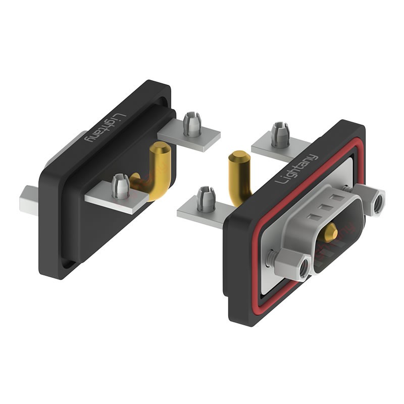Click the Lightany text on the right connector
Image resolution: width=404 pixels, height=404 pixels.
[x=296, y=169]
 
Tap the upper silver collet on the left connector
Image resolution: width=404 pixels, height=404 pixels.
[x=192, y=124]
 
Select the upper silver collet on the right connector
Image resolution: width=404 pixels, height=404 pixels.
[x=280, y=135]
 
